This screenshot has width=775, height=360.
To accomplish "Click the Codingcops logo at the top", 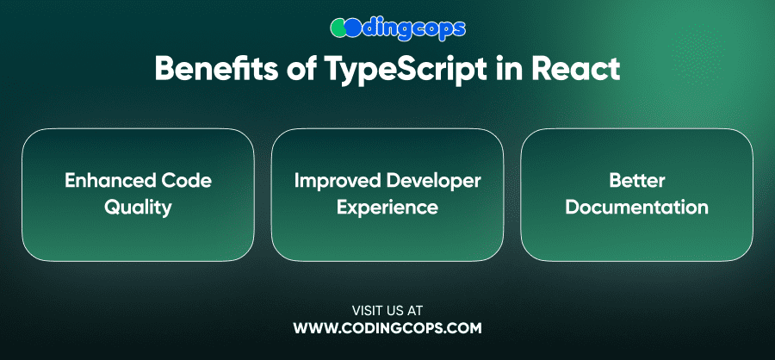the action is tap(398, 28).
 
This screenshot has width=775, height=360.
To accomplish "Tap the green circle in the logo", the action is tap(338, 28).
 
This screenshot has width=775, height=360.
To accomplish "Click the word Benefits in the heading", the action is tap(216, 69).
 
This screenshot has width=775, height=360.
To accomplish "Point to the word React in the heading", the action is tap(576, 69).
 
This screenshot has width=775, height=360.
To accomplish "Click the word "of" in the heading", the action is tap(301, 69).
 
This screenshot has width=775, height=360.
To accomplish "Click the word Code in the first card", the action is tap(188, 181).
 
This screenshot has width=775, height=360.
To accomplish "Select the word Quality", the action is tap(138, 208).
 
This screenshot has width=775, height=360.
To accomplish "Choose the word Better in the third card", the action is tap(637, 181).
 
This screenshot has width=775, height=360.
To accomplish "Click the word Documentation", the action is tap(637, 208).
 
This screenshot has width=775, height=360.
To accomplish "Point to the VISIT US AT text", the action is tap(387, 311).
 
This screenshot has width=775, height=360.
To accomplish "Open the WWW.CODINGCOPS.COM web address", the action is tap(387, 328).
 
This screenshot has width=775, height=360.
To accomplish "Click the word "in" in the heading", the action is tap(513, 69).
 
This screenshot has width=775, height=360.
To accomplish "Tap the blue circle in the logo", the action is tap(353, 28).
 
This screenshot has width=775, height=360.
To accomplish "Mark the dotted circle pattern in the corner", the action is tap(697, 53).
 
